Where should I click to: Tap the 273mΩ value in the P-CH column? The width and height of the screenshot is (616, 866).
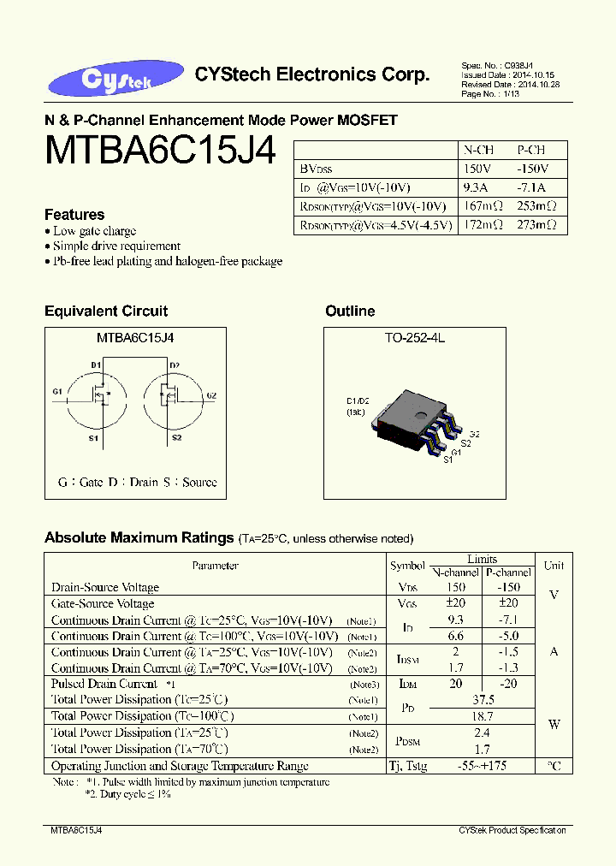(x=536, y=225)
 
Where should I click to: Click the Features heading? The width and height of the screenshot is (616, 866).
(x=74, y=215)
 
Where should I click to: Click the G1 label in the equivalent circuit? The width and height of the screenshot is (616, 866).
(x=56, y=392)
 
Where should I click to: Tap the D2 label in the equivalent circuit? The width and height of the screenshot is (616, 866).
(x=175, y=365)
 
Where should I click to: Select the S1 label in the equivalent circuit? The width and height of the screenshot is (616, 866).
(x=93, y=438)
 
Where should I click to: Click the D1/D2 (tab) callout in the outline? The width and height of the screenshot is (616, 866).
(x=357, y=406)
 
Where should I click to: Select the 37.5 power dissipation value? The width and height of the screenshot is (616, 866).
(x=483, y=699)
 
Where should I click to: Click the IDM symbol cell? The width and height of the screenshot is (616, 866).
(x=406, y=684)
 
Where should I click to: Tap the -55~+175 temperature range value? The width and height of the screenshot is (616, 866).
(x=483, y=765)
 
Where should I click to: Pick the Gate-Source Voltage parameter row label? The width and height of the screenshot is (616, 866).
(x=103, y=604)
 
